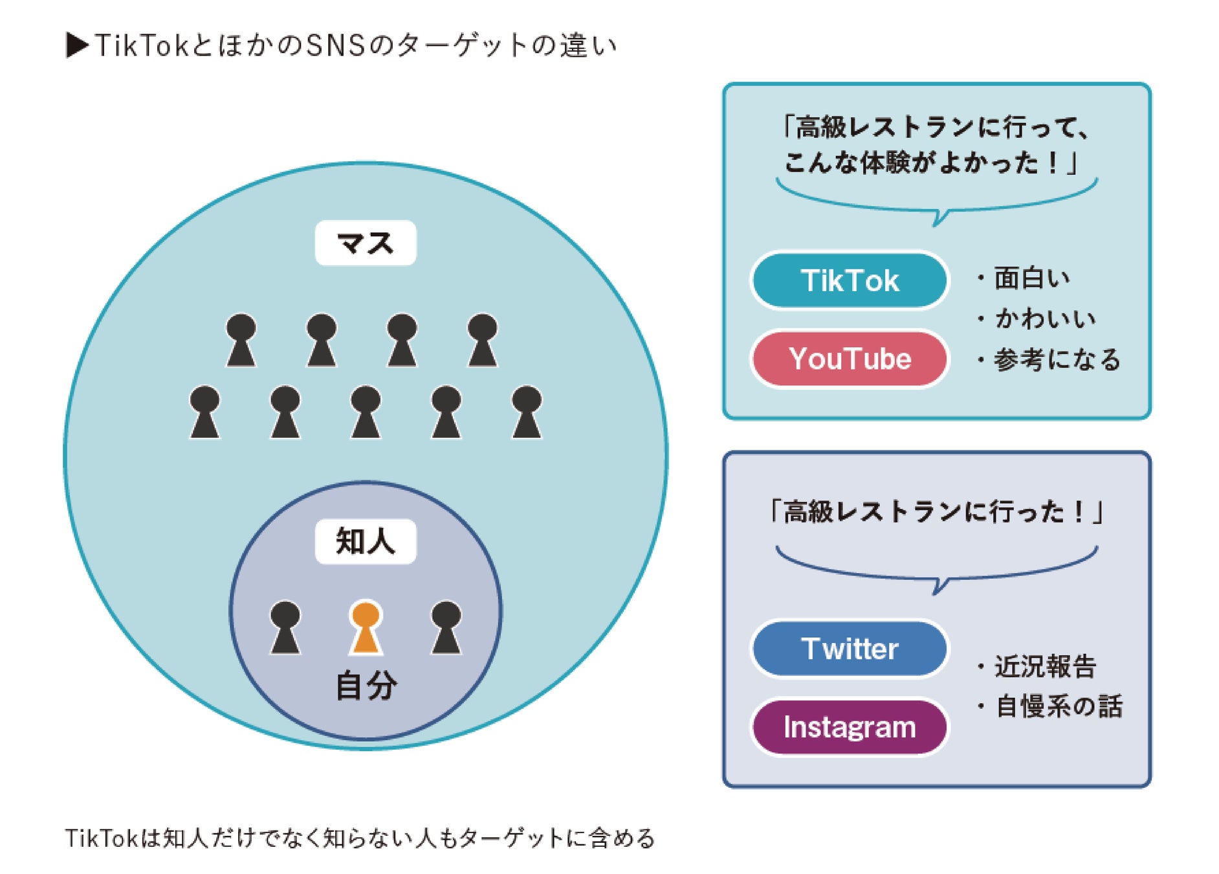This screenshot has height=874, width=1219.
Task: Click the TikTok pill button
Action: point(849,281)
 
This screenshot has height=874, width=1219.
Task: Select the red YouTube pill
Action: point(849,359)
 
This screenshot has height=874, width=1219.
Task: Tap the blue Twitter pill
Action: point(849,649)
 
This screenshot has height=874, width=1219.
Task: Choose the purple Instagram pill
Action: point(849,727)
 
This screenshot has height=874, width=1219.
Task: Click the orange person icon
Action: point(366,627)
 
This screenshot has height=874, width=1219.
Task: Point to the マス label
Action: point(366,243)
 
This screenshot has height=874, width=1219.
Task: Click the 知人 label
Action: point(366,541)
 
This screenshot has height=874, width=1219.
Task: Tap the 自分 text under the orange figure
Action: point(366,686)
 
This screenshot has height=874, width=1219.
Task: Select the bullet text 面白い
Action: point(1031,278)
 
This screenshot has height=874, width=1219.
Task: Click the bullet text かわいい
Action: point(1044,319)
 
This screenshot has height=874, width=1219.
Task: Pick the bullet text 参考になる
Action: point(1057,360)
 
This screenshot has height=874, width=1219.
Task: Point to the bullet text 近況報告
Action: point(1044,666)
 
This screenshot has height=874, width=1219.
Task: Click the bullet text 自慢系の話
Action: point(1059,706)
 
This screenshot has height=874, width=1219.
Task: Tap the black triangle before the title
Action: point(77,45)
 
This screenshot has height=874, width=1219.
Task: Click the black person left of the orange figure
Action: point(285,627)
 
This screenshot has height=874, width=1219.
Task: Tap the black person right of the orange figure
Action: point(446,627)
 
